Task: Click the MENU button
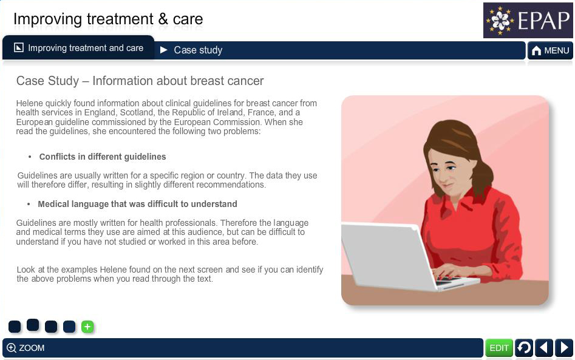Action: pos(550,50)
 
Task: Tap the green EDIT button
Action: pos(498,347)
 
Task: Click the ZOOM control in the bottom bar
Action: pos(26,348)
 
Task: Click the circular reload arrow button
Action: pos(524,347)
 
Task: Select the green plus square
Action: pos(87,327)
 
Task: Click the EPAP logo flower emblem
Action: pos(500,20)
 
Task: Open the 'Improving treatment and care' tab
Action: pos(78,48)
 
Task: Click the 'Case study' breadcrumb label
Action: pos(198,50)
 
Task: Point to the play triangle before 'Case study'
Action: pos(164,50)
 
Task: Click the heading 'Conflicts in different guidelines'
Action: pos(103,157)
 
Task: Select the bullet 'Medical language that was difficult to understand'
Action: pos(137,204)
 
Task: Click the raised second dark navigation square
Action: pos(33,325)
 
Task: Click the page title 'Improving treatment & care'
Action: pos(108,19)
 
